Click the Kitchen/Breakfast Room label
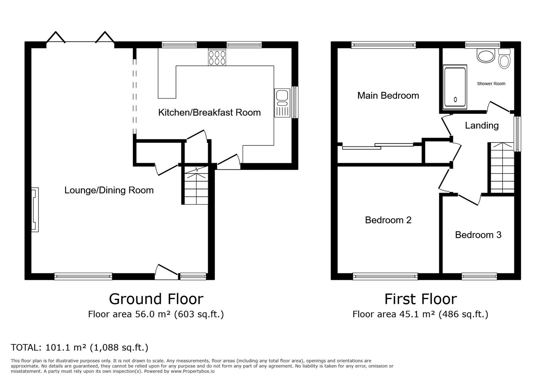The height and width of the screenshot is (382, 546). tap(209, 112)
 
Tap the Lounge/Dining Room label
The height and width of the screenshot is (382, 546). tap(109, 190)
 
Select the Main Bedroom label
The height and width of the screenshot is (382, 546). tap(388, 95)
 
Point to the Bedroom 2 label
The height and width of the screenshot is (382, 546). tap(388, 220)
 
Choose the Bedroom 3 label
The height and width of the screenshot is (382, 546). tap(478, 235)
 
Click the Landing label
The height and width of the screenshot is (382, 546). tap(482, 125)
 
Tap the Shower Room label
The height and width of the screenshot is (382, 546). tap(491, 83)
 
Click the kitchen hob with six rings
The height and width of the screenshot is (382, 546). tap(217, 57)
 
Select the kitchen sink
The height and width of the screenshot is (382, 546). tap(282, 103)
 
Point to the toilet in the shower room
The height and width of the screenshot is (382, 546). tap(504, 58)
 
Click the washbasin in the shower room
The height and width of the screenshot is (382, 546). tap(486, 56)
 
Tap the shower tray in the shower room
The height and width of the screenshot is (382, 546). tap(455, 87)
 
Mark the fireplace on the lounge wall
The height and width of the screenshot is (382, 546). tap(35, 209)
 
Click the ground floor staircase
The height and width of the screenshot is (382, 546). tap(196, 185)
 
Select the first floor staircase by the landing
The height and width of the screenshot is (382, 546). tap(503, 168)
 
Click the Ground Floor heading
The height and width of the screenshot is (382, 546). tap(156, 299)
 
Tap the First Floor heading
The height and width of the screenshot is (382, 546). tap(420, 299)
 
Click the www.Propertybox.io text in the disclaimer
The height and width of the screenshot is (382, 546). tap(193, 371)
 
